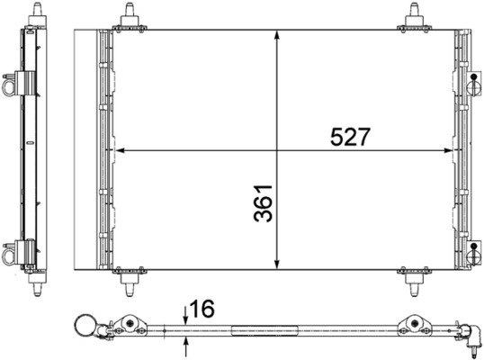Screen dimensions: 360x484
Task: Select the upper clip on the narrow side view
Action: (x=12, y=85)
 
